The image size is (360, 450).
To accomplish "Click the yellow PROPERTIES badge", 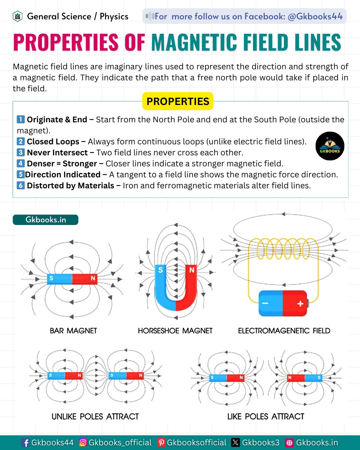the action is [178, 101].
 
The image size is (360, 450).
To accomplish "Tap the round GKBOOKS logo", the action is [330, 146].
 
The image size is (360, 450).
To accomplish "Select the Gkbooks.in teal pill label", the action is [45, 220].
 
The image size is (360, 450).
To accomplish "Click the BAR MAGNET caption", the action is [73, 331].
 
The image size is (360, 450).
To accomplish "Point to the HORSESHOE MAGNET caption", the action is [175, 331].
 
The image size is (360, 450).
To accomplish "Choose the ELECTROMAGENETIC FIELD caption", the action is [284, 331].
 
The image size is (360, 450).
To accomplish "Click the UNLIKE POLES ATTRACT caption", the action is [95, 416].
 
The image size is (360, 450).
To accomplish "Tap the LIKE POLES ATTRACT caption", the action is [266, 416].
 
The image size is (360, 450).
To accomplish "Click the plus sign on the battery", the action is [300, 303].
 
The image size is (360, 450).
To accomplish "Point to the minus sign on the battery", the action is [265, 303].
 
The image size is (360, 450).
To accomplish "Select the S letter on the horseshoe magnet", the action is [160, 270].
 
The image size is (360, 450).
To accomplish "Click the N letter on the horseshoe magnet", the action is [192, 270].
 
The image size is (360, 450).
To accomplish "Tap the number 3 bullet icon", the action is [20, 152].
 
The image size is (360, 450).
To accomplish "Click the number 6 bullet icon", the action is [20, 185].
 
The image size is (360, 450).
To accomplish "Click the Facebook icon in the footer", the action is [25, 443].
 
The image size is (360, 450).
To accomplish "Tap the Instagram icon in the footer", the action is [83, 442].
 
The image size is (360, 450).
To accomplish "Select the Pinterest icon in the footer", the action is [161, 443].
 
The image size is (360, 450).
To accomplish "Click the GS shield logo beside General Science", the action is [18, 16].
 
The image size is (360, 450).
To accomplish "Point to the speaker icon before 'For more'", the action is [150, 16].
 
